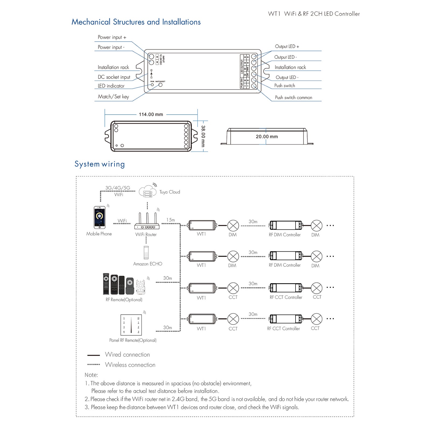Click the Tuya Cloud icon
click(148, 192)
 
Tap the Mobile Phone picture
click(99, 217)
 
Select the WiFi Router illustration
click(147, 222)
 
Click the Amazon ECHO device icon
click(146, 252)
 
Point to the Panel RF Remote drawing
click(131, 325)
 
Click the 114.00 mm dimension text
click(151, 114)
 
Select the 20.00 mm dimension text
click(267, 137)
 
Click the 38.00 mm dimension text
click(203, 136)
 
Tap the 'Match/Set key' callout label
click(113, 97)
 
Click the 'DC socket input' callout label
click(114, 77)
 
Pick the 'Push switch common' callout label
click(293, 98)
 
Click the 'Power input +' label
click(112, 37)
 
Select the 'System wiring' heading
click(100, 164)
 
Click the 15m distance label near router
click(171, 220)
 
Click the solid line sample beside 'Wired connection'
click(93, 355)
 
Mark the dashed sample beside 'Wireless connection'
click(93, 365)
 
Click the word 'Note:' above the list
click(91, 375)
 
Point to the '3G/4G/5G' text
click(118, 188)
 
